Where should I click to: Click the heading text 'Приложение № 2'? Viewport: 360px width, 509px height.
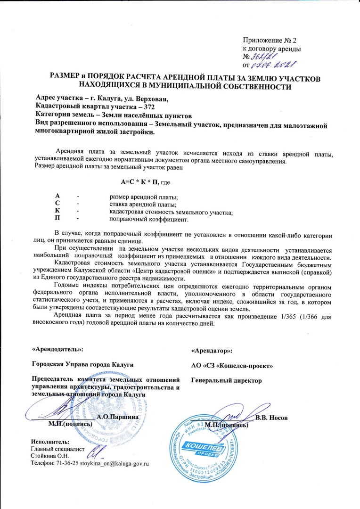tap(270, 40)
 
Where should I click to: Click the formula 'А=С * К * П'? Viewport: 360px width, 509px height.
tap(139, 182)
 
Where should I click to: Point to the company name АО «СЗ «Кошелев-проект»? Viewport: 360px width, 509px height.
tap(232, 365)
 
